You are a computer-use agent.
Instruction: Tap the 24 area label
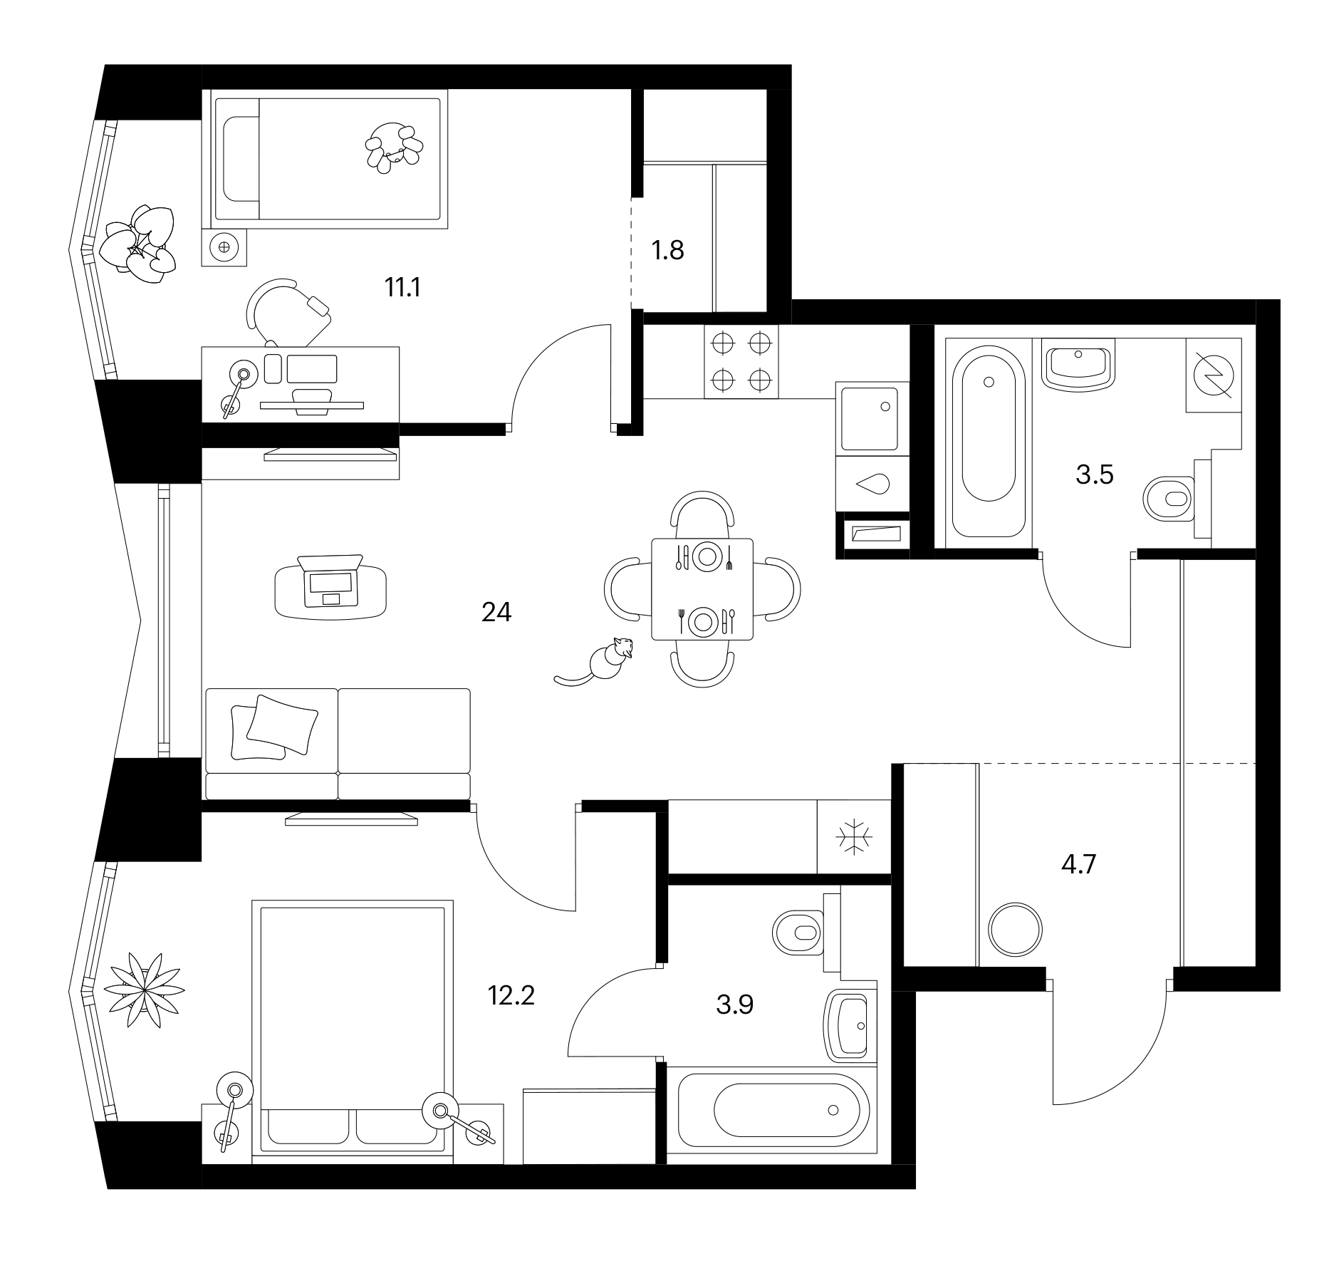[496, 612]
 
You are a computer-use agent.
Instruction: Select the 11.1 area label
[402, 288]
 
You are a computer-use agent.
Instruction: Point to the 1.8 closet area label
[667, 251]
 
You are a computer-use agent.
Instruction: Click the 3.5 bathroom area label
[1094, 474]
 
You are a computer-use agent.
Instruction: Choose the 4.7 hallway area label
[1078, 865]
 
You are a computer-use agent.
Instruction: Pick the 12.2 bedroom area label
[511, 995]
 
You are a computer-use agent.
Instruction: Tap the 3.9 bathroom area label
[734, 1005]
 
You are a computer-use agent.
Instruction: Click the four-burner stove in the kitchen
[741, 361]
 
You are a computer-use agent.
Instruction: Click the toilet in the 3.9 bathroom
[798, 933]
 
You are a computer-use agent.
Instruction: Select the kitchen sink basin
[870, 418]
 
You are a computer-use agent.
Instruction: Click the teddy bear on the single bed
[393, 147]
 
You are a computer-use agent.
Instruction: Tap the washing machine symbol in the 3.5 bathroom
[1214, 375]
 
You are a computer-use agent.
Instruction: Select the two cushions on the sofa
[273, 727]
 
